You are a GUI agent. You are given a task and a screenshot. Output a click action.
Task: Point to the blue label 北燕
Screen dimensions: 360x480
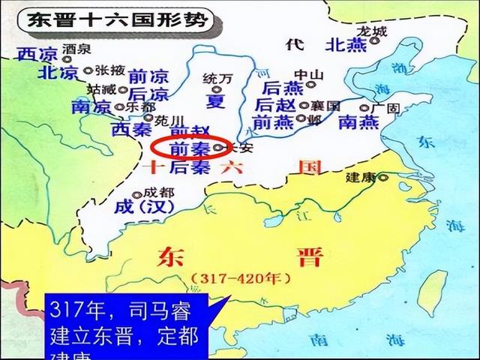(x=345, y=45)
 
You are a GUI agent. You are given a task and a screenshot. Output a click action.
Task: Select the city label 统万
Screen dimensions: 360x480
(x=214, y=77)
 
